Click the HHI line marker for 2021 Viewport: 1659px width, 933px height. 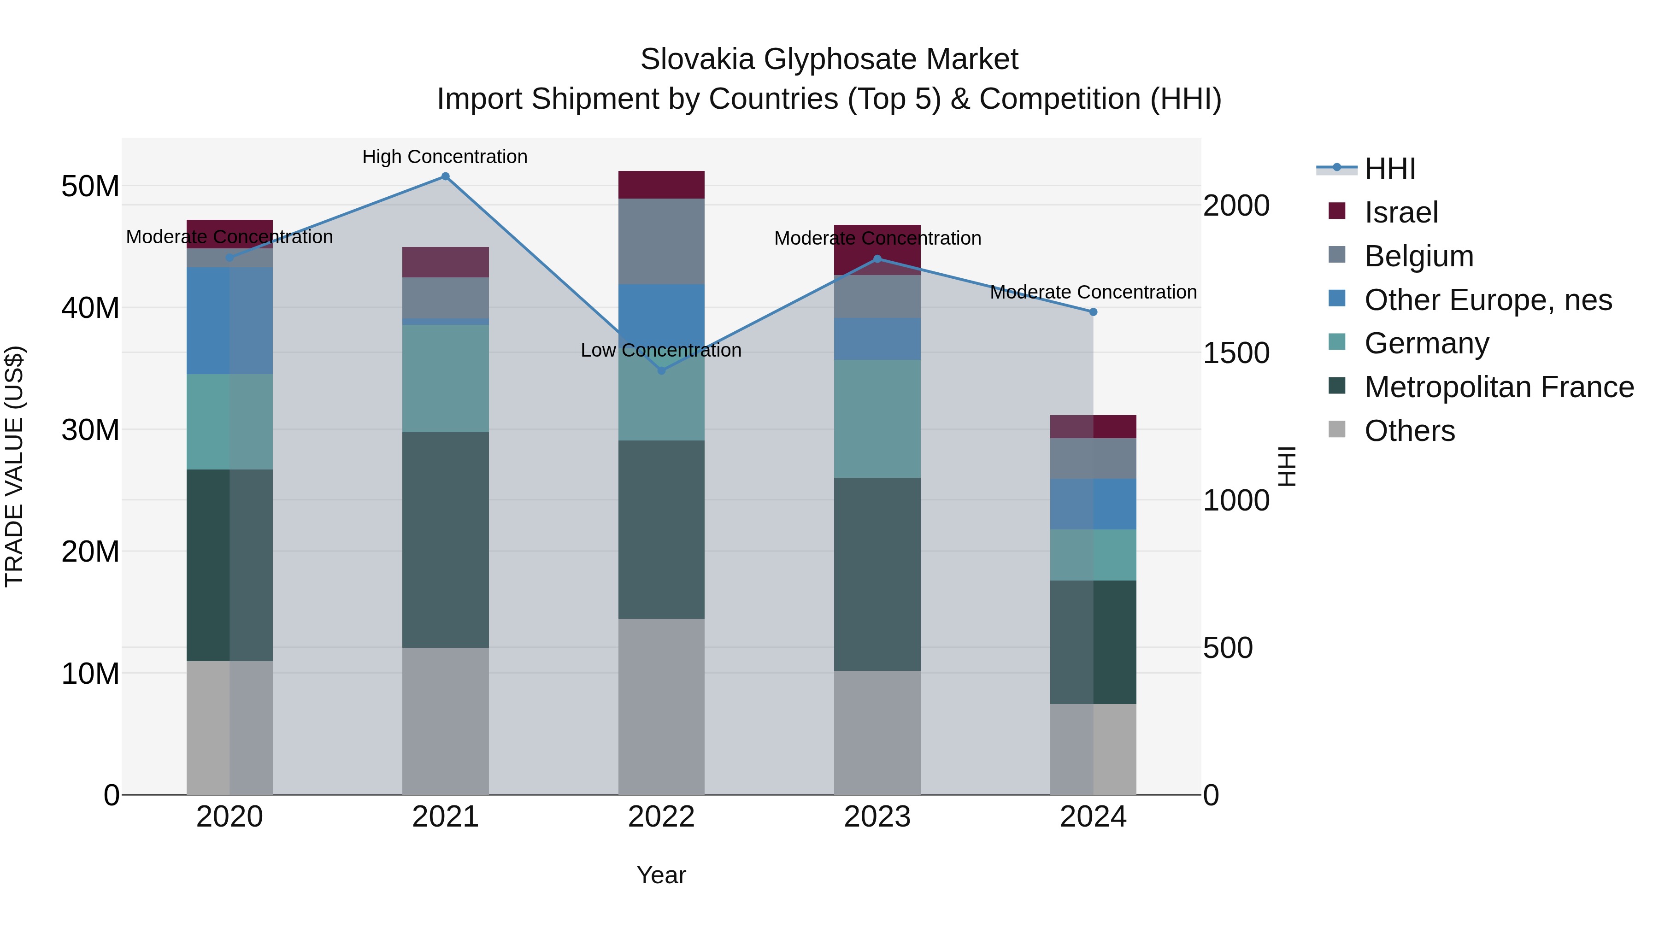pyautogui.click(x=445, y=176)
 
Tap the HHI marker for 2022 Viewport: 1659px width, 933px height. pyautogui.click(x=661, y=370)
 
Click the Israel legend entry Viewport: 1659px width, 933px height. pyautogui.click(x=1401, y=212)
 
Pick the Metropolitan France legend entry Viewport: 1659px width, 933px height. pyautogui.click(x=1498, y=387)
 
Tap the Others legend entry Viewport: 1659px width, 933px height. pyautogui.click(x=1409, y=431)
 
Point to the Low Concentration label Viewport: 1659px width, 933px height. pyautogui.click(x=661, y=350)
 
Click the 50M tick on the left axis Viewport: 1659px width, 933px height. pyautogui.click(x=90, y=187)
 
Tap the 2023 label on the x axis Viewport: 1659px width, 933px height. pyautogui.click(x=877, y=817)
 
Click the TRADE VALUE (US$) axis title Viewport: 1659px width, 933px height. pyautogui.click(x=14, y=466)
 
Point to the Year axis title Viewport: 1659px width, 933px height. pyautogui.click(x=661, y=875)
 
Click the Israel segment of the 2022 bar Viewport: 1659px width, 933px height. pyautogui.click(x=661, y=185)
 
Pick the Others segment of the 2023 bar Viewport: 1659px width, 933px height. pyautogui.click(x=877, y=733)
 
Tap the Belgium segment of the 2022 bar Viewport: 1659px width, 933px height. pyautogui.click(x=661, y=241)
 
